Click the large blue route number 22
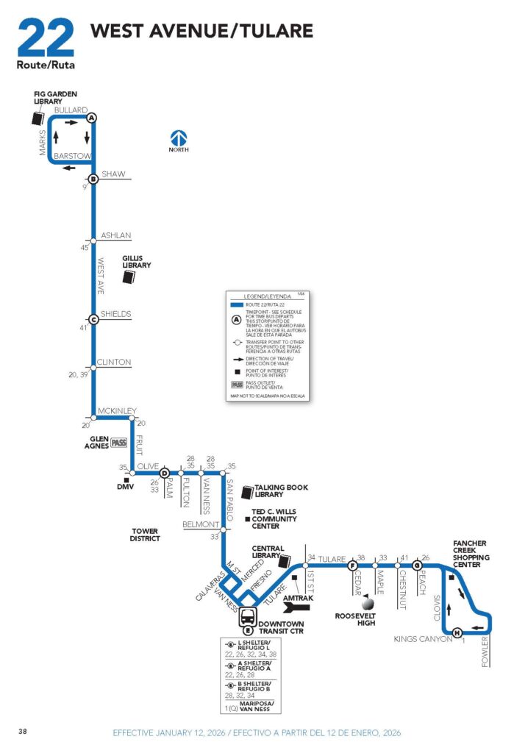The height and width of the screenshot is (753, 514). (x=46, y=38)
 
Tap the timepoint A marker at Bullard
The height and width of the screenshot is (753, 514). (x=92, y=118)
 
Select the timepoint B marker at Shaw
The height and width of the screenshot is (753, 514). (x=93, y=179)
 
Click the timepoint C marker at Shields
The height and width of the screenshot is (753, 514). (x=93, y=319)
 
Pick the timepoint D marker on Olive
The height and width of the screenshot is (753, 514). (x=165, y=474)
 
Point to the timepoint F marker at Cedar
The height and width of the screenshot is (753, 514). (x=352, y=565)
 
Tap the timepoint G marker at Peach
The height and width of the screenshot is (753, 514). (x=417, y=565)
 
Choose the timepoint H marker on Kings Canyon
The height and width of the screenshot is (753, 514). (x=457, y=633)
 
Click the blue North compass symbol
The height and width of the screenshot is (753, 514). (x=179, y=138)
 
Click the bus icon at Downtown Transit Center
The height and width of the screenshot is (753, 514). (x=249, y=616)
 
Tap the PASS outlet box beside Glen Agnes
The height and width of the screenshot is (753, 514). (x=120, y=442)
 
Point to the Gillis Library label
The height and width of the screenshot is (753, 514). (x=137, y=261)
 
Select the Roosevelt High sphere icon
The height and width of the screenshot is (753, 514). (x=367, y=602)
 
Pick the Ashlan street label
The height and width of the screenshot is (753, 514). (x=115, y=235)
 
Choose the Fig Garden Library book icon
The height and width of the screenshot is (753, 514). (x=38, y=118)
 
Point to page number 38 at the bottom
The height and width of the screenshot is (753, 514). (x=24, y=731)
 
